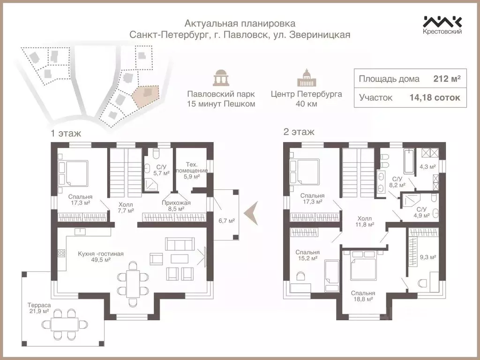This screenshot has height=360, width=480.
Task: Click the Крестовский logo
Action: [442, 25]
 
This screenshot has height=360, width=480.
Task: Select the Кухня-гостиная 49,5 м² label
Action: [101, 256]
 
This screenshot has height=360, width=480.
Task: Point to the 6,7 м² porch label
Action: [226, 221]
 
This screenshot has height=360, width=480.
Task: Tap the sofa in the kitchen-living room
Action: [179, 245]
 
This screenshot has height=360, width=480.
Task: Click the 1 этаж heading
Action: [66, 133]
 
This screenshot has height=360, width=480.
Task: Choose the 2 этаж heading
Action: [299, 132]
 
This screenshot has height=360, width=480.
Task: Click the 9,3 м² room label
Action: [427, 257]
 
